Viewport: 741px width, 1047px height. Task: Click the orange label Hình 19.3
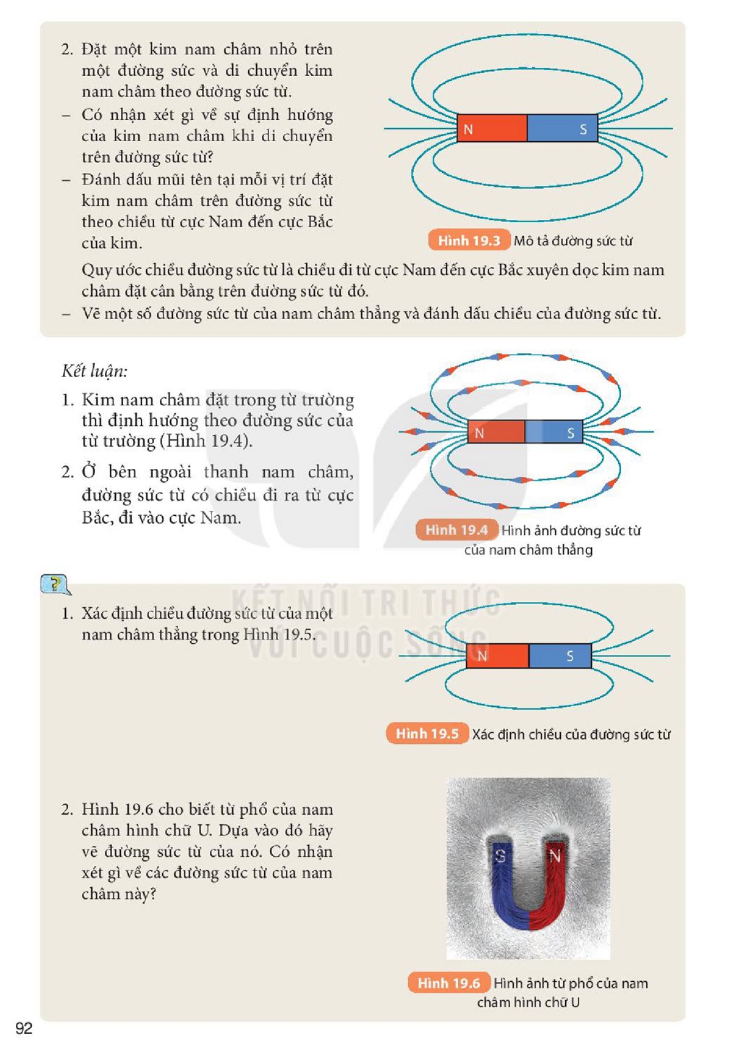click(469, 241)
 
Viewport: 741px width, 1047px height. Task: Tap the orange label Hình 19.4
click(457, 530)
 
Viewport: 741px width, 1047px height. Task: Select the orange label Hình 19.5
click(427, 734)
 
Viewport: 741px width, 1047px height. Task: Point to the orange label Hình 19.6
click(449, 983)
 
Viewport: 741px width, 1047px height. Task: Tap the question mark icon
click(56, 585)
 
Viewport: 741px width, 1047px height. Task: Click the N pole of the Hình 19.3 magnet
click(492, 128)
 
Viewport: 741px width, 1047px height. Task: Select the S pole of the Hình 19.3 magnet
click(562, 128)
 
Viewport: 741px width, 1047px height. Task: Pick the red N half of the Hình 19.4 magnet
click(496, 432)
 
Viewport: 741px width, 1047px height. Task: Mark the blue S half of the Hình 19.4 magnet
click(554, 432)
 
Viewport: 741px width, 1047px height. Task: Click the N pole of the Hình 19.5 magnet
click(497, 656)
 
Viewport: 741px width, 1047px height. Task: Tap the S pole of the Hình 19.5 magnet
click(560, 656)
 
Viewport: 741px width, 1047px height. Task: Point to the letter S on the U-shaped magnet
click(500, 856)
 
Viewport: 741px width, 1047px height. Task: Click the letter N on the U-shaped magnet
click(555, 856)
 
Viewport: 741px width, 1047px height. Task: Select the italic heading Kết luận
click(95, 371)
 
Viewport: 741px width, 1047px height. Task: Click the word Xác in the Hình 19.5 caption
click(483, 734)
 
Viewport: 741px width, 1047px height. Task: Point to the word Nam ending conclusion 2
click(221, 518)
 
